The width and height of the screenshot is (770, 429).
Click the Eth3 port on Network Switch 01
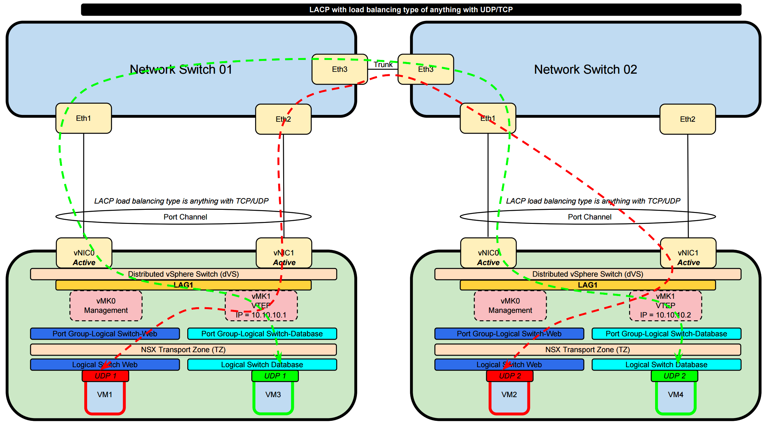tap(339, 69)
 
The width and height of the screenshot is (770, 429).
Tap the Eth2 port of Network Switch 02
tap(687, 119)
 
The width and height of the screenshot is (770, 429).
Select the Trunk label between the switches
tap(383, 65)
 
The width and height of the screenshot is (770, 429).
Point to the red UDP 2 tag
tap(510, 376)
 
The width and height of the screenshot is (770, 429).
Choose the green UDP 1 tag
tap(275, 376)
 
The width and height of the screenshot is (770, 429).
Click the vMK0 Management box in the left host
tap(106, 306)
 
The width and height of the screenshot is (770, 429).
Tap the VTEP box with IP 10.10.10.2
tap(665, 306)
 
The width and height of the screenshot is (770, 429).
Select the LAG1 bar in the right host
tap(587, 285)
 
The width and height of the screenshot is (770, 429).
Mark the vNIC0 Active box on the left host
tap(84, 253)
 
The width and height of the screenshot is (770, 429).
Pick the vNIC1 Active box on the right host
tap(688, 253)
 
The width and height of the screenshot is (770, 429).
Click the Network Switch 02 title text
tap(585, 69)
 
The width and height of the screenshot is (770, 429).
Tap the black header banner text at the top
tap(411, 10)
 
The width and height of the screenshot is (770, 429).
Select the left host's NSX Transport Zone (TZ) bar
tap(183, 350)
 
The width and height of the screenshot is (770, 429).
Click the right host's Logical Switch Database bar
tap(666, 365)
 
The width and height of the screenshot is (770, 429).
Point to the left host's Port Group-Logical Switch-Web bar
tap(105, 334)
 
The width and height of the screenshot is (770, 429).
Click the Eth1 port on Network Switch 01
tap(83, 118)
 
